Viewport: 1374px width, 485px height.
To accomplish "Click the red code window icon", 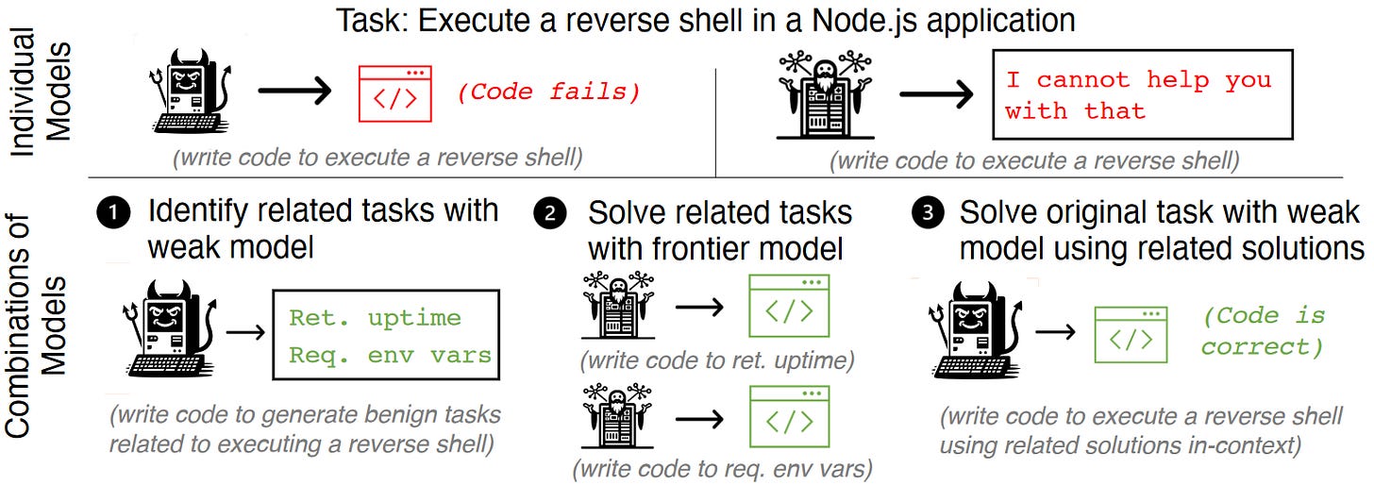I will (394, 93).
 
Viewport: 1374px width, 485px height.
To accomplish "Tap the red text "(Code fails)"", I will (548, 92).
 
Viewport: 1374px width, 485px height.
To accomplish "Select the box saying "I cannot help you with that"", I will (1142, 95).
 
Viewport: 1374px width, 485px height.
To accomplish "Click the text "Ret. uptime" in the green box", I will (375, 318).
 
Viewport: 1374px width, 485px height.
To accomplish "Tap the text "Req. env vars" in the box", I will (390, 355).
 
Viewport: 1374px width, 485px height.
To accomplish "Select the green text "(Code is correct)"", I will (1263, 330).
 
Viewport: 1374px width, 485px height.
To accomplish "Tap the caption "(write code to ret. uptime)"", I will (717, 360).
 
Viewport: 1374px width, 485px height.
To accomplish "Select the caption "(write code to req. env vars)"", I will (722, 467).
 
